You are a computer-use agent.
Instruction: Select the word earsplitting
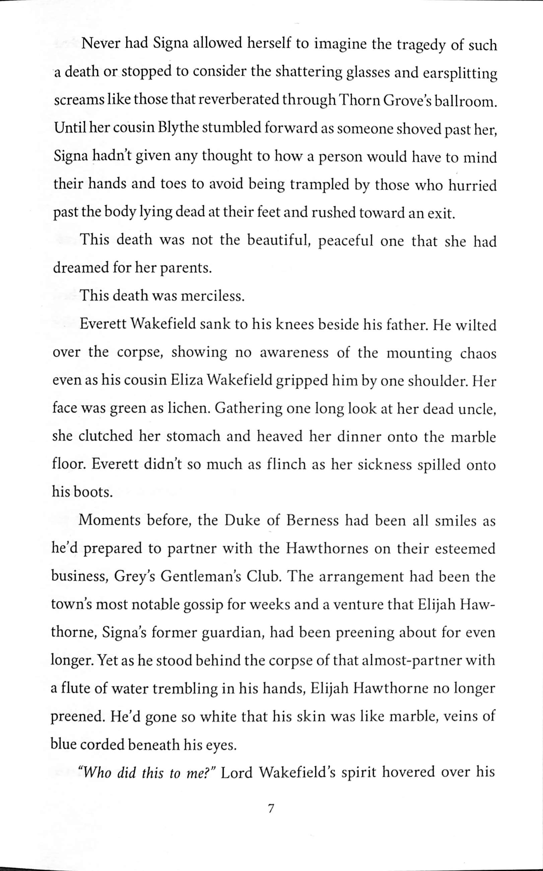(x=460, y=74)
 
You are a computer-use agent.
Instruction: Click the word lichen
(x=189, y=408)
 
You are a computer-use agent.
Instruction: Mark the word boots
(x=93, y=492)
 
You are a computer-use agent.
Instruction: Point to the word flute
(x=75, y=689)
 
